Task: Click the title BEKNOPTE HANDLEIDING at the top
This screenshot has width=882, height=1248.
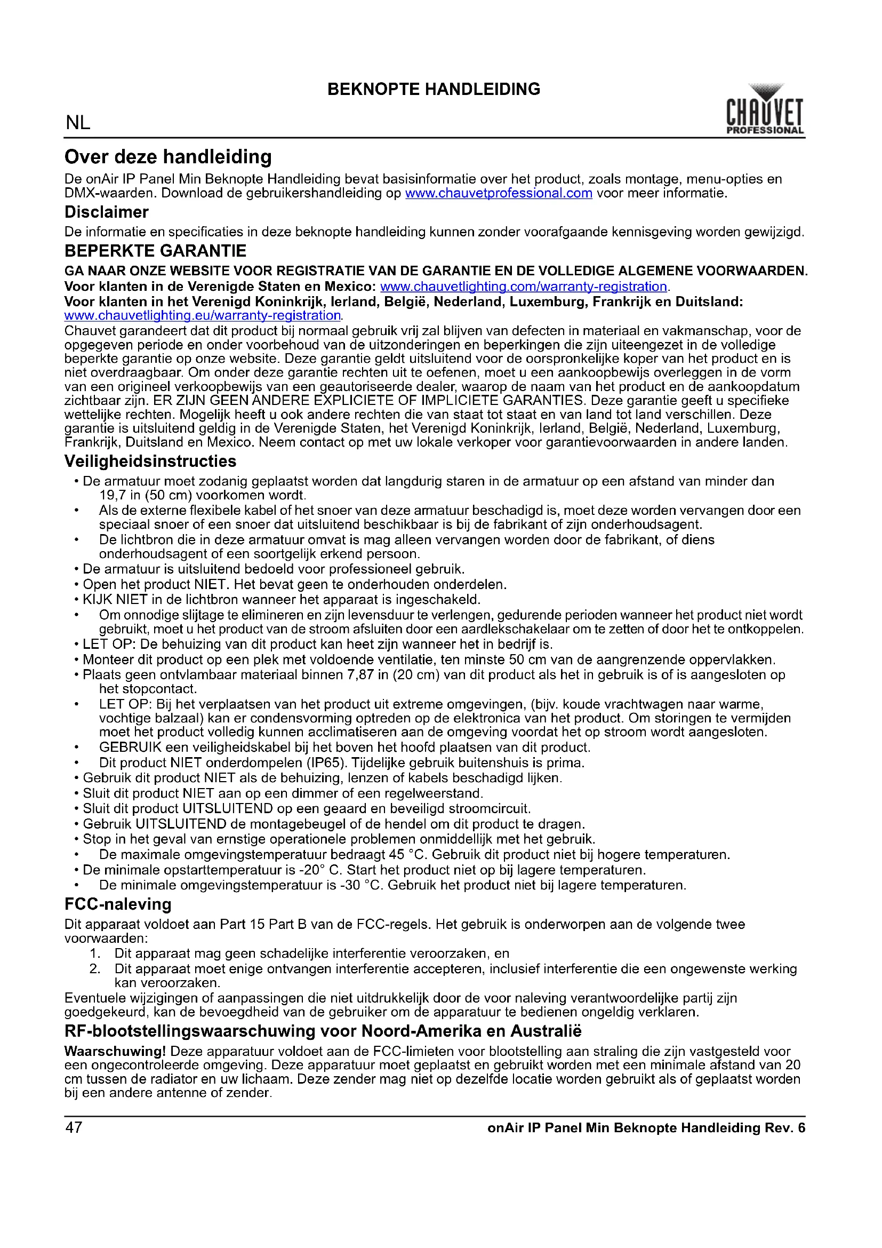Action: (434, 89)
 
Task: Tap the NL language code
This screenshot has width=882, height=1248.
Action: (78, 123)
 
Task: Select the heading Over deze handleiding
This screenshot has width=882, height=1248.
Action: (168, 157)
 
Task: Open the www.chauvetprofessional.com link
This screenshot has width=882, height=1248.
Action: (498, 193)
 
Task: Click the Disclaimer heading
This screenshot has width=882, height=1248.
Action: (107, 212)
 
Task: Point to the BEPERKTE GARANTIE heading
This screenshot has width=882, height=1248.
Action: (155, 251)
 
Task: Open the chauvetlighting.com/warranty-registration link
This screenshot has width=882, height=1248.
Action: (523, 287)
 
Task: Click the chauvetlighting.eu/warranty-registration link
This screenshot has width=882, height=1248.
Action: (202, 315)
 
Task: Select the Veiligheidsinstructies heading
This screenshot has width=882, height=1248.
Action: (150, 461)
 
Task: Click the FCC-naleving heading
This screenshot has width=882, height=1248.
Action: (118, 904)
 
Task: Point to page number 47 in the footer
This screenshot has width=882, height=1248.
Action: (74, 1127)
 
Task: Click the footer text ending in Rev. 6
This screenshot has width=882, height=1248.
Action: (646, 1128)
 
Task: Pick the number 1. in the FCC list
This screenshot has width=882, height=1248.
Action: (95, 953)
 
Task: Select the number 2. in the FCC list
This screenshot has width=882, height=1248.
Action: (95, 968)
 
